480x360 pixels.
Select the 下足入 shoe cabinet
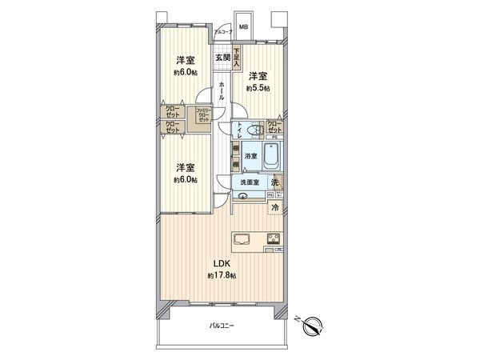point(237,58)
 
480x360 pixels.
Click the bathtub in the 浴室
point(270,156)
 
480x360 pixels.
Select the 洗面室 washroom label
point(250,183)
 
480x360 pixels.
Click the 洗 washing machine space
point(274,183)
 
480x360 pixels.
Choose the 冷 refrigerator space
point(274,208)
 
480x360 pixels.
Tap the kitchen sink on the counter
point(242,238)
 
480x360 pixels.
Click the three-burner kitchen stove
point(273,238)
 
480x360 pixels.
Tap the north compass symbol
point(314,324)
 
